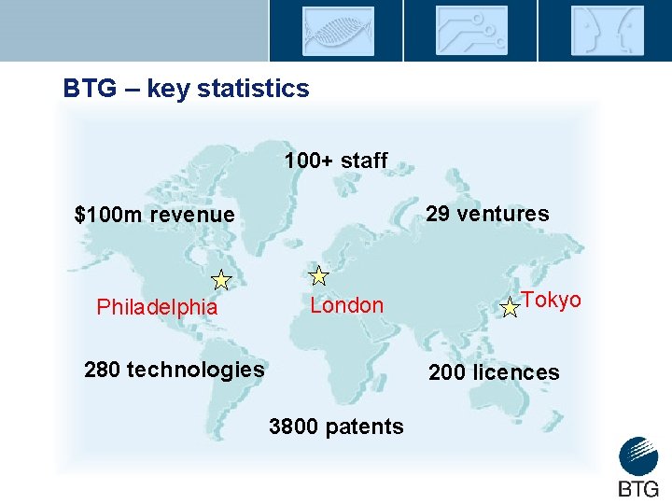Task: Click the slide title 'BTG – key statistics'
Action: (x=186, y=89)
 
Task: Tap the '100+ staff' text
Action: (x=335, y=161)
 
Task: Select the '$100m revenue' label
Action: (x=154, y=215)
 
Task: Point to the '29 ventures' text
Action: (x=487, y=214)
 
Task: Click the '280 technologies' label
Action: (x=175, y=370)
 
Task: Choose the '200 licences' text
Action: (x=494, y=373)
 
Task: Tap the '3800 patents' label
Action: (x=336, y=427)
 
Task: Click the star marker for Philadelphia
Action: (x=221, y=279)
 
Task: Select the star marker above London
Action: (x=319, y=275)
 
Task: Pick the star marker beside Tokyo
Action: (x=511, y=308)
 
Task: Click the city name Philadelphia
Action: (x=157, y=307)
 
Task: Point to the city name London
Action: (x=346, y=305)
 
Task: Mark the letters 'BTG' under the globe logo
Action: (x=638, y=488)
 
